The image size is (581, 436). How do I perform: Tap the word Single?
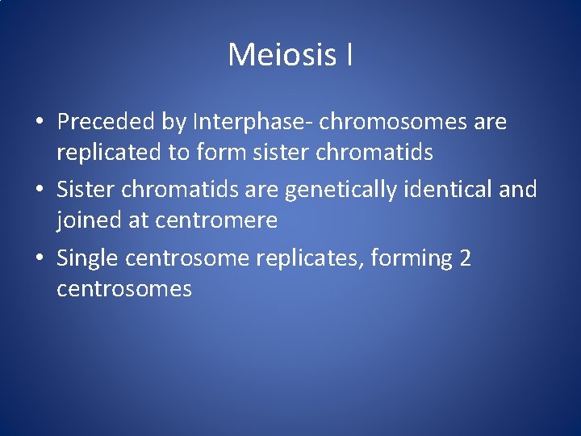(87, 258)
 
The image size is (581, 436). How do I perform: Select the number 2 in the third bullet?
(465, 258)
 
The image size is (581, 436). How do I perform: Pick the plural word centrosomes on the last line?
(124, 289)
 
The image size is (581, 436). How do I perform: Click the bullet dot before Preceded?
(39, 123)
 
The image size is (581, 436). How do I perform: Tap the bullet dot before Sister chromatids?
(39, 191)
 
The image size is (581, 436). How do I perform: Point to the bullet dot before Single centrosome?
(39, 259)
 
